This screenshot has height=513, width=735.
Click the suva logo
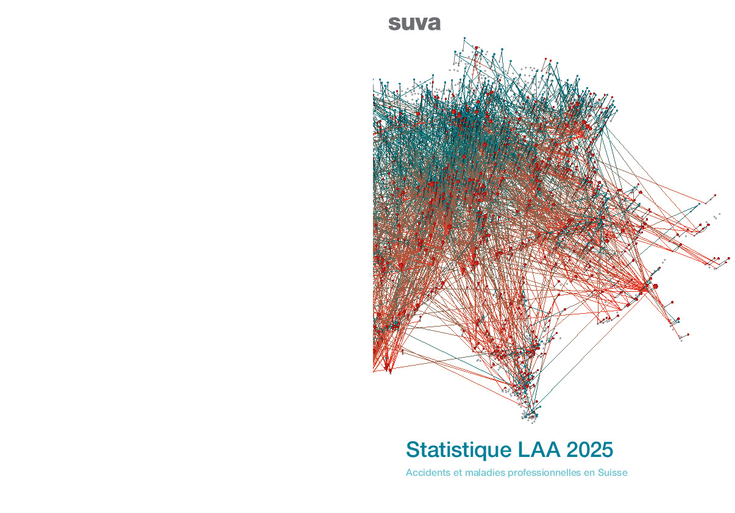[414, 24]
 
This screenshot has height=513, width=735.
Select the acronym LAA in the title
[539, 450]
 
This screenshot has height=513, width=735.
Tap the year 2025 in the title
[589, 450]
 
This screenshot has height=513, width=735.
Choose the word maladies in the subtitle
[480, 473]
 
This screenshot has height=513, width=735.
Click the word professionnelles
[541, 473]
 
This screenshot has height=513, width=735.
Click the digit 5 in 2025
[607, 450]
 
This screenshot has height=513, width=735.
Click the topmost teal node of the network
[464, 38]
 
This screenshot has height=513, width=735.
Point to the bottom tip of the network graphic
[528, 420]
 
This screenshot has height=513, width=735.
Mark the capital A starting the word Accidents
[410, 473]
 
